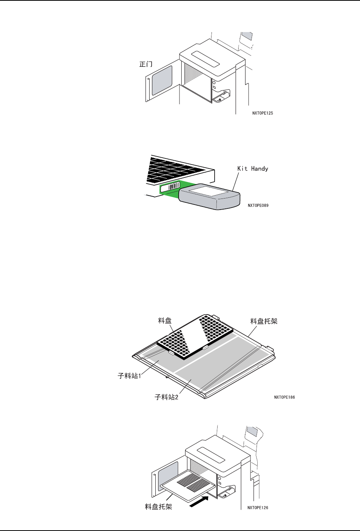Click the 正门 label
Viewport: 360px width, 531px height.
click(x=145, y=65)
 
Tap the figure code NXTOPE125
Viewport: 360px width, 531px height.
click(x=263, y=113)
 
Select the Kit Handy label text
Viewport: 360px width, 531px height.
click(x=253, y=168)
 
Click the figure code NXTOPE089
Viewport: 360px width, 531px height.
click(x=258, y=205)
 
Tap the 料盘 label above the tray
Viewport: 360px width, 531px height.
click(x=165, y=321)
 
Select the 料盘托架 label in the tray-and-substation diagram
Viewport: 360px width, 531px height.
click(x=264, y=321)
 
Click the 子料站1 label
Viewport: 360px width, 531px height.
click(x=130, y=376)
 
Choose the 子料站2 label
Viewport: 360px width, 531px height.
click(x=167, y=397)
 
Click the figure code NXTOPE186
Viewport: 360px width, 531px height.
click(x=284, y=397)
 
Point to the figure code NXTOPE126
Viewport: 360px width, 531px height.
click(x=258, y=508)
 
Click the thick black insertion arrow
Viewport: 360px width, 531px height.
click(x=199, y=500)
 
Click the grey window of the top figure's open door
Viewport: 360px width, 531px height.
click(x=162, y=80)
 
